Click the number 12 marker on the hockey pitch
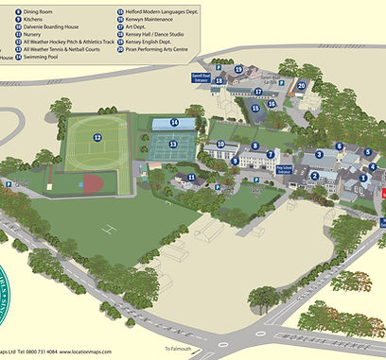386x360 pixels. click(x=96, y=138)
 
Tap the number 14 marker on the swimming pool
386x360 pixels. click(x=174, y=123)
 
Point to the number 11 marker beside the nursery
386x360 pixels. click(x=190, y=177)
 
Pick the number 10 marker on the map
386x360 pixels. click(x=220, y=145)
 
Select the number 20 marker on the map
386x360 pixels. click(x=301, y=87)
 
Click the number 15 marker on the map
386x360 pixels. click(x=254, y=109)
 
